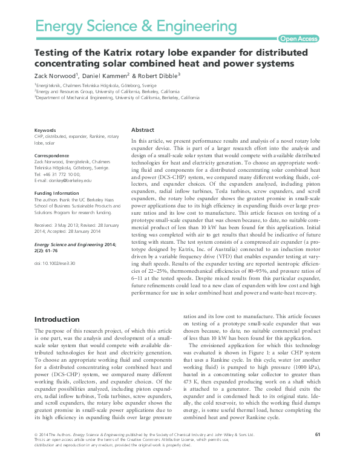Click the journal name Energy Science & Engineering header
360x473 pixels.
click(x=136, y=26)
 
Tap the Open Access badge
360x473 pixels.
click(x=299, y=39)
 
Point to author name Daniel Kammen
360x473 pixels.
click(x=106, y=76)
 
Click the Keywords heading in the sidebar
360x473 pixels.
click(x=45, y=131)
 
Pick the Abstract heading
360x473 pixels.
click(x=143, y=130)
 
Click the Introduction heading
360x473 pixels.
click(x=56, y=319)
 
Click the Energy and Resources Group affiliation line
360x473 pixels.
click(x=106, y=91)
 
